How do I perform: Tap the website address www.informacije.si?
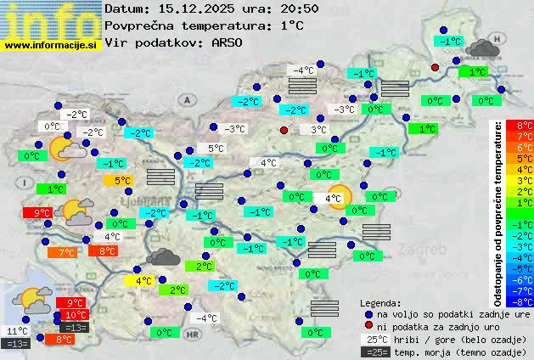51,44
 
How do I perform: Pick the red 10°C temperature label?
75,315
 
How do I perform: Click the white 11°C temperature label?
17,330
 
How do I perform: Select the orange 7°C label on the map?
66,252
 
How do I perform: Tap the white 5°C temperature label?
216,148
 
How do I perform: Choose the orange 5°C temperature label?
122,180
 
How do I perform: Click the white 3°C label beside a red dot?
318,130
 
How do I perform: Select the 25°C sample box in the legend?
374,340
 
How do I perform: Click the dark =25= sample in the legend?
374,352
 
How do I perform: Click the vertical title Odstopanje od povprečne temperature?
498,212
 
